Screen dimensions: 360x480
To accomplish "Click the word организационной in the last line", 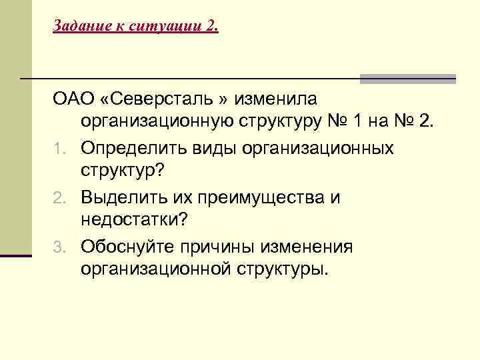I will tap(157, 271).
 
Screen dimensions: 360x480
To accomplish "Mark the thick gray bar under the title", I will tap(407, 79).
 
